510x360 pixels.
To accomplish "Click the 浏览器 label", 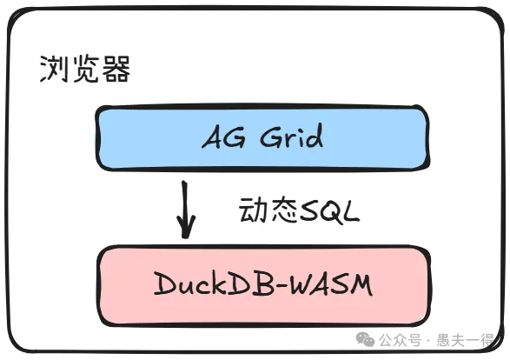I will pyautogui.click(x=84, y=70).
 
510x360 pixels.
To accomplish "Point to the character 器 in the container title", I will pyautogui.click(x=116, y=70).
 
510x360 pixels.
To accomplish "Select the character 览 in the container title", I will pyautogui.click(x=84, y=70).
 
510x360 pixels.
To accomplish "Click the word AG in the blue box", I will pyautogui.click(x=223, y=137).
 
